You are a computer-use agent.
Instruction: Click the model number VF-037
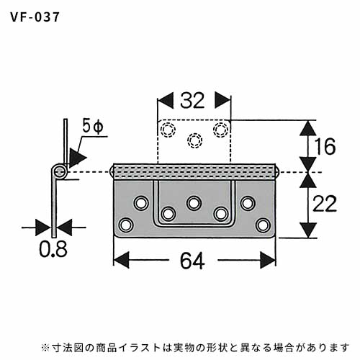tap(35, 17)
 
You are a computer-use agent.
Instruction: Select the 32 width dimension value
tap(192, 100)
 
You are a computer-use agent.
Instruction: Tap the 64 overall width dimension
tap(192, 261)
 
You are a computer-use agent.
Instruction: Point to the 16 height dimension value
tap(325, 146)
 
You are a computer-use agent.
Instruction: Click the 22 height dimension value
tap(325, 204)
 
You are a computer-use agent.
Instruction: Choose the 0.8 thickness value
tap(53, 249)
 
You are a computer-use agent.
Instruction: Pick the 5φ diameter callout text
tap(93, 126)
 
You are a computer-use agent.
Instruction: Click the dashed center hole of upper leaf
tap(194, 140)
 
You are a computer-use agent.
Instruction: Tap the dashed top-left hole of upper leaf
tap(168, 130)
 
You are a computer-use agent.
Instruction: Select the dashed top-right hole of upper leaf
tap(221, 130)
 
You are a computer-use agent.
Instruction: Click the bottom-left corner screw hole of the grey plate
tap(126, 225)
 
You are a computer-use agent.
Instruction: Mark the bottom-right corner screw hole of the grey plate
tap(263, 225)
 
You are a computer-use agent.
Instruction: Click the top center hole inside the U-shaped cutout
tap(194, 203)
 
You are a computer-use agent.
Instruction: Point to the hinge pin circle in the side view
tap(60, 172)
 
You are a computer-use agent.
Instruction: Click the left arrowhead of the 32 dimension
tap(165, 100)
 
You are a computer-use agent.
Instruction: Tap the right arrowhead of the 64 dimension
tap(268, 261)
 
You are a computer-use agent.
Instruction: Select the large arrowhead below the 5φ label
tap(77, 157)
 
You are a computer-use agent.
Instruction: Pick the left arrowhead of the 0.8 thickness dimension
tap(42, 228)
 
